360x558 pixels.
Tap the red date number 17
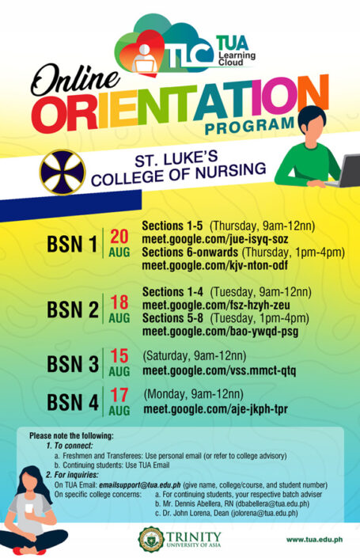pos(119,396)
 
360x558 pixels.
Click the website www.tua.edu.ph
pos(314,539)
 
